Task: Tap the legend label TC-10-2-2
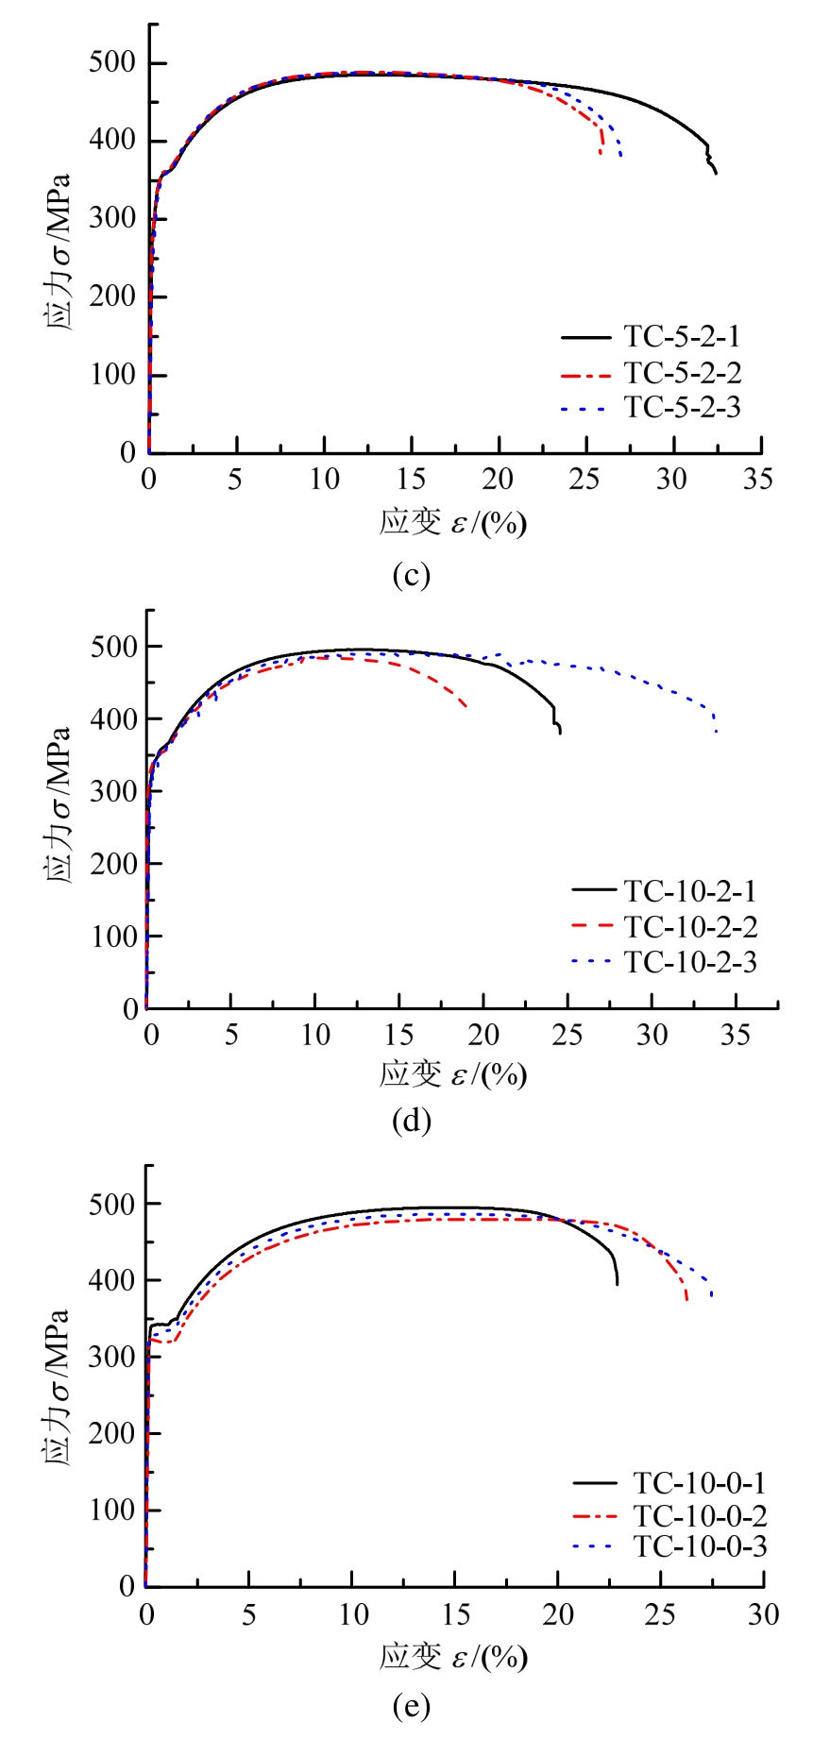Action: click(x=690, y=927)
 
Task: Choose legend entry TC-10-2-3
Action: click(x=690, y=962)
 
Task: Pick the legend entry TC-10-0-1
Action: click(x=699, y=1483)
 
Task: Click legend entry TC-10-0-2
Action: click(x=699, y=1516)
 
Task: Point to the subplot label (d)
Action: click(x=411, y=1121)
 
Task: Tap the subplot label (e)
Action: click(x=411, y=1705)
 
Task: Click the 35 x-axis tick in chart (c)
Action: click(x=757, y=480)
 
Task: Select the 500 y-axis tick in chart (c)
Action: click(x=112, y=63)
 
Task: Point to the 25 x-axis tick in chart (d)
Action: click(x=567, y=1036)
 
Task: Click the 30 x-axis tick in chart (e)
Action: click(x=763, y=1615)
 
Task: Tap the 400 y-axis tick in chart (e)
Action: click(x=112, y=1281)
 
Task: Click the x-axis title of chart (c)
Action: click(x=453, y=522)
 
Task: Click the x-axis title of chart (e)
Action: click(x=453, y=1657)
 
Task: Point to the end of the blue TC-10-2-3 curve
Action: click(x=717, y=733)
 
